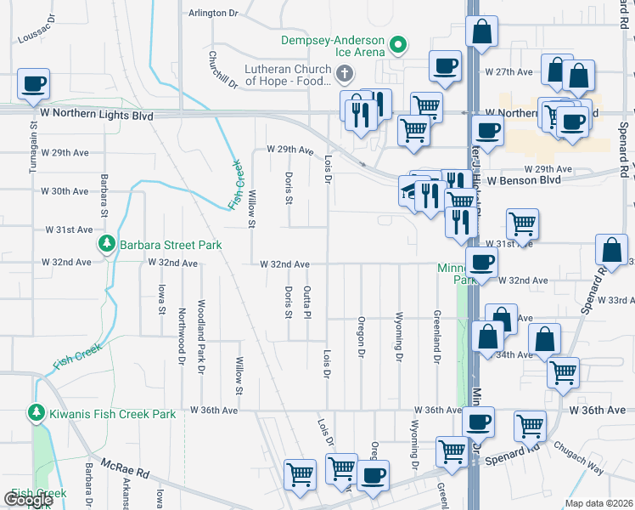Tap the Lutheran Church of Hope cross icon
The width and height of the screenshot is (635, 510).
click(345, 75)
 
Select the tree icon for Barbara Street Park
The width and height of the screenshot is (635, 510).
click(107, 245)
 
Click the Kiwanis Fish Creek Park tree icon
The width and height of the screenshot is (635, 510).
click(37, 414)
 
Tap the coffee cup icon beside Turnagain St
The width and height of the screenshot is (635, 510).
click(32, 84)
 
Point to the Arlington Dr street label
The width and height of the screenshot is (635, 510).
click(213, 13)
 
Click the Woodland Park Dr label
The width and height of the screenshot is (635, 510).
click(201, 336)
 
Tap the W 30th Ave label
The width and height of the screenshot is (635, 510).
click(69, 191)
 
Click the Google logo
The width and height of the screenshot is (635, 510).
click(27, 500)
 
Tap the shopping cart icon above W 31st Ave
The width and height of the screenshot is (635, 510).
click(522, 224)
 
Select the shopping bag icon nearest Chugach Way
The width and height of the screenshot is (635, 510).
click(544, 338)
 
